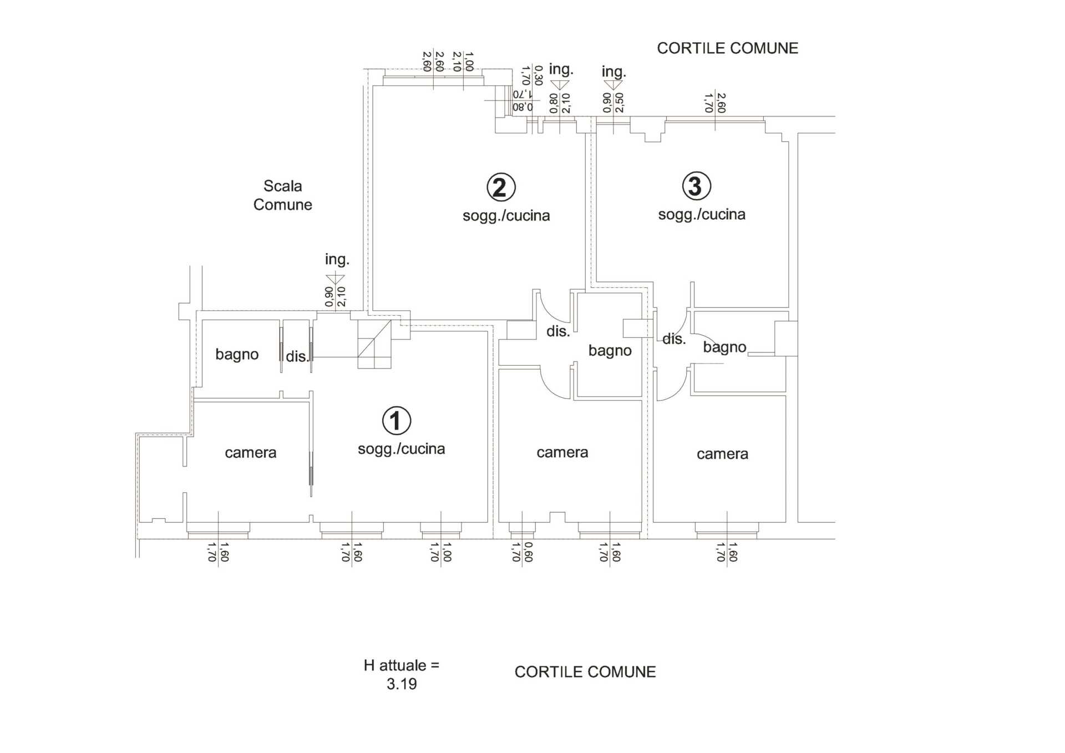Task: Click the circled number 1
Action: pos(397,420)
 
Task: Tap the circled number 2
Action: pos(501,187)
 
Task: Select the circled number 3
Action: pos(696,186)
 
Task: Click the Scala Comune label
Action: pos(282,195)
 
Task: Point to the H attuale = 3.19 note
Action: pos(402,674)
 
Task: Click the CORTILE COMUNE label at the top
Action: pos(728,48)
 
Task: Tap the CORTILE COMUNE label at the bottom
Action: pos(585,672)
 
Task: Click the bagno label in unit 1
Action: pos(237,355)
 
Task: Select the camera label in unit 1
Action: pos(251,453)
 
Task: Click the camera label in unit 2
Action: pos(562,452)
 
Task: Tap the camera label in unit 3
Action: pos(722,454)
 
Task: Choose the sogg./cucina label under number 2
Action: pos(506,215)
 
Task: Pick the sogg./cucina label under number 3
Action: pos(702,214)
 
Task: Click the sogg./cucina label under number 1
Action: pos(402,448)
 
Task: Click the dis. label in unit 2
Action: pos(558,331)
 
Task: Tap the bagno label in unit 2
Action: pos(610,351)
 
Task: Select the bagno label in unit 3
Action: pos(724,347)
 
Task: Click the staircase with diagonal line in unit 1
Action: pos(374,344)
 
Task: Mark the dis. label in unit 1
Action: pos(297,356)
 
